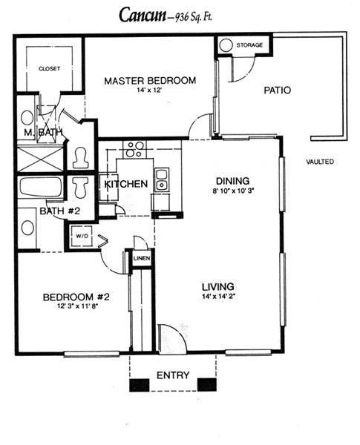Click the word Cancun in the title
143,15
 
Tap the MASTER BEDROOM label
150,81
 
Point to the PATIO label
278,90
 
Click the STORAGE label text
249,44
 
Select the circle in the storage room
226,44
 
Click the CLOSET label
49,69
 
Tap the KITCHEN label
126,184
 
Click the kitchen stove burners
134,149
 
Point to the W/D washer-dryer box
81,236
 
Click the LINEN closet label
142,258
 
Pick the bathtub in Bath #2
41,187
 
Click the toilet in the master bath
80,157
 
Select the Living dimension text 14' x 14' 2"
219,297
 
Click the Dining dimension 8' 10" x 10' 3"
233,191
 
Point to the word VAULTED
320,162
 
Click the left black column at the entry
140,385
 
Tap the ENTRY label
173,375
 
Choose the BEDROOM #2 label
76,297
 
